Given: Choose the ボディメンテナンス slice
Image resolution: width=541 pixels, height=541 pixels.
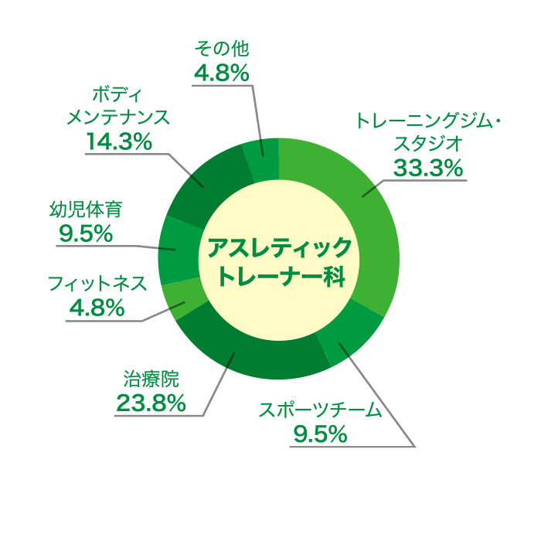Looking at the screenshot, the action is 207,186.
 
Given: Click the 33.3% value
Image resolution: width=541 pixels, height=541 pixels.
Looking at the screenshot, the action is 428,168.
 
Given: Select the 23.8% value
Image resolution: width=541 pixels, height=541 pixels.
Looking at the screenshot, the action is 151,403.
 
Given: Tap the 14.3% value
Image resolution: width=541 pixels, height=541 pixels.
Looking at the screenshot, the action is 119,141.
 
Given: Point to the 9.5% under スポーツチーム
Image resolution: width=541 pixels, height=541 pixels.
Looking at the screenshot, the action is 320,434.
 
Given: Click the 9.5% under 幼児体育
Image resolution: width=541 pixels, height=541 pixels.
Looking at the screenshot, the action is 86,233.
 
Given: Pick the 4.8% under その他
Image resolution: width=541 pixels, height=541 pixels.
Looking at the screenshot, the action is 222,73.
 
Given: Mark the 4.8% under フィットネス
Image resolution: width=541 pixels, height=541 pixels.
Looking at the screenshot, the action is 97,308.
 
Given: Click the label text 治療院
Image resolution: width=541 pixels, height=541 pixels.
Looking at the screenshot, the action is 151,379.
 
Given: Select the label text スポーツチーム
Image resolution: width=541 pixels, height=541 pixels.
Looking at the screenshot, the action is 321,410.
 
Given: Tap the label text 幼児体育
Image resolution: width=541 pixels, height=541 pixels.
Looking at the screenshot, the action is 86,209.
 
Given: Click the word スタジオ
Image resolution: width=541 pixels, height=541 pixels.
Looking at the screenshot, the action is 428,144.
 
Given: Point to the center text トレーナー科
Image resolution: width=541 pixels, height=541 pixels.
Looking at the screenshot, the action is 282,276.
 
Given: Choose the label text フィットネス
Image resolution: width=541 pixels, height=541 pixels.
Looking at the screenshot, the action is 97,284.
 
